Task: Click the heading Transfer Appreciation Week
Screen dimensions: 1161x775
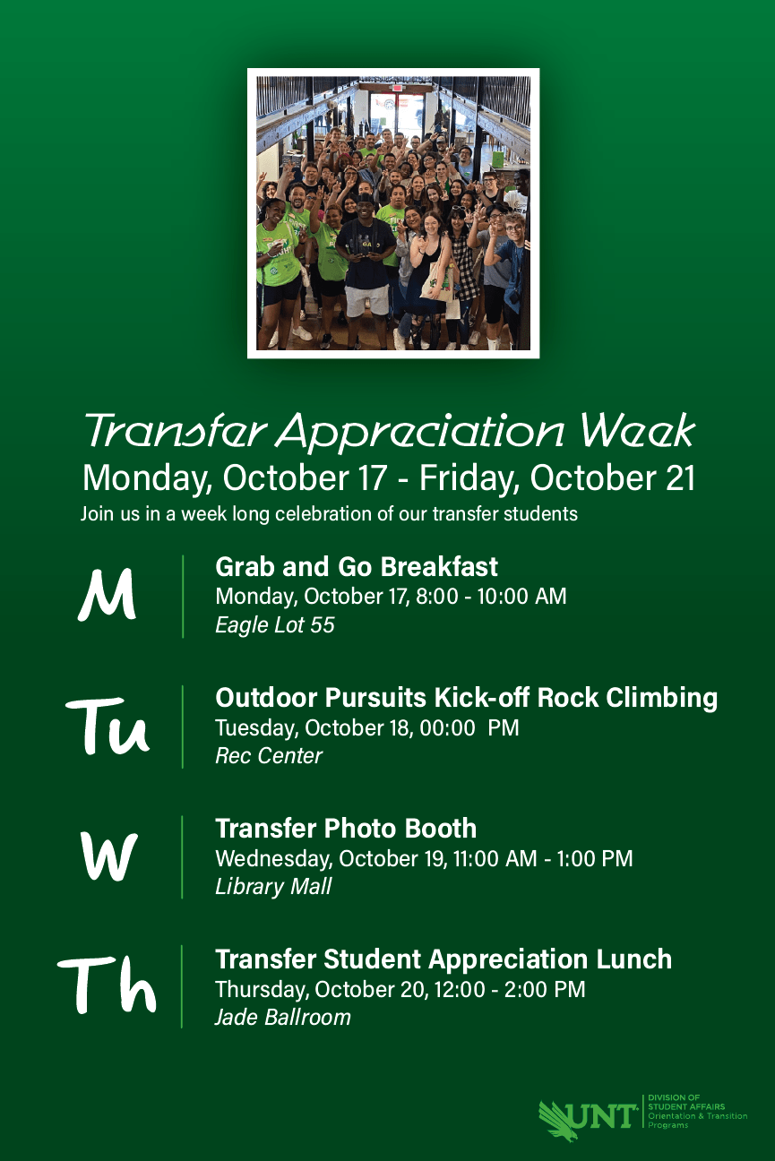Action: (388, 431)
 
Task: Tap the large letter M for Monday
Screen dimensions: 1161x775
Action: (108, 596)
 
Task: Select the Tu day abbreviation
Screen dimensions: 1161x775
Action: (108, 727)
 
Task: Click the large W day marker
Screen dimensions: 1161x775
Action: (108, 856)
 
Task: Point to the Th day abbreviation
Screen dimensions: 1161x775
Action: (108, 986)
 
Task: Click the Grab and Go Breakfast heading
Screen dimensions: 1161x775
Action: (357, 567)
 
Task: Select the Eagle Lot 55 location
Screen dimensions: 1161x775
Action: (274, 625)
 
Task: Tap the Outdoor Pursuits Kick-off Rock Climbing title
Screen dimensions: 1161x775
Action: (466, 698)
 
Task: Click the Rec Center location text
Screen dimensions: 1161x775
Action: (268, 756)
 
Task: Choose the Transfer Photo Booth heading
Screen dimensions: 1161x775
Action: (346, 829)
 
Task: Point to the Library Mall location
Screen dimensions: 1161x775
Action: (273, 887)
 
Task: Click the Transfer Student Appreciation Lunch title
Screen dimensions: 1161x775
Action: (443, 959)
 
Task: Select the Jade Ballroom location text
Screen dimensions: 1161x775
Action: (282, 1018)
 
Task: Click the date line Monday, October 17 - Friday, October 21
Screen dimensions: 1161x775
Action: (388, 478)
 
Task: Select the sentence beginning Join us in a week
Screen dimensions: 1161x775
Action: (329, 514)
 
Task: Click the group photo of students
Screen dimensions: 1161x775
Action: (392, 213)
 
